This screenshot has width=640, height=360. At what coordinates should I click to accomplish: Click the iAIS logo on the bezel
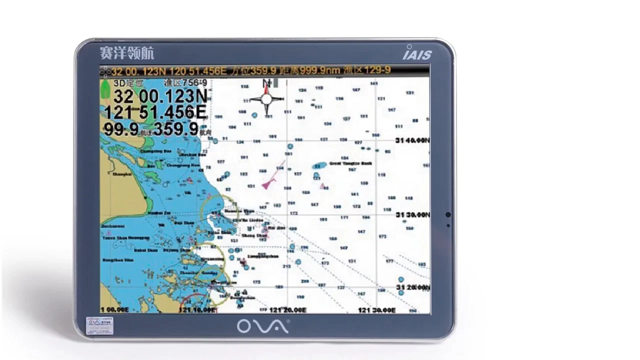[417, 53]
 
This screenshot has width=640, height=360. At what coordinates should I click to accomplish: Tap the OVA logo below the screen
[263, 326]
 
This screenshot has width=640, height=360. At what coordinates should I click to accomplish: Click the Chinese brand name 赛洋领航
[127, 52]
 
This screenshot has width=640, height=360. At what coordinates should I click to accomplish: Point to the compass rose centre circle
[266, 98]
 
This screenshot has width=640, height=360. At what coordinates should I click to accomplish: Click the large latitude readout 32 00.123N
[160, 96]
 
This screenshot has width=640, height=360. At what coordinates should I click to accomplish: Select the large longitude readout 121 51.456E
[155, 112]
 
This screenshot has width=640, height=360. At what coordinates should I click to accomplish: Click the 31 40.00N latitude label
[412, 140]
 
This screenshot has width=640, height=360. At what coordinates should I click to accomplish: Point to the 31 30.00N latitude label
[412, 214]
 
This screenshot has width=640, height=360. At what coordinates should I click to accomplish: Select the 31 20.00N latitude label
[412, 287]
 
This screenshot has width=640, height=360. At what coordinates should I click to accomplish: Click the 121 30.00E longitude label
[376, 310]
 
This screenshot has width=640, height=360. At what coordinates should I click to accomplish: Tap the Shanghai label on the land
[122, 174]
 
